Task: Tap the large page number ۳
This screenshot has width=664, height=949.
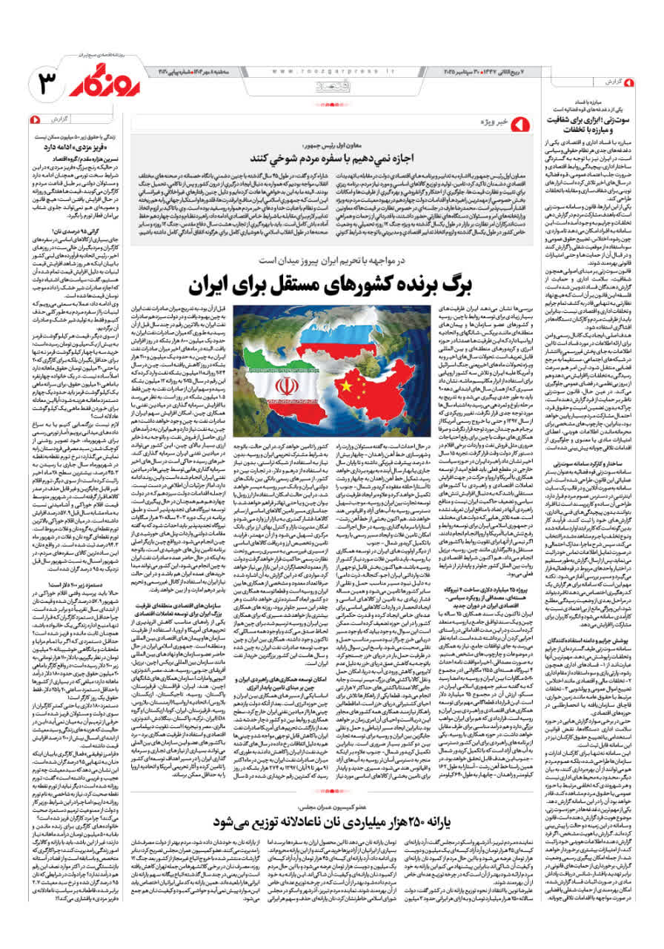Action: coord(46,84)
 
